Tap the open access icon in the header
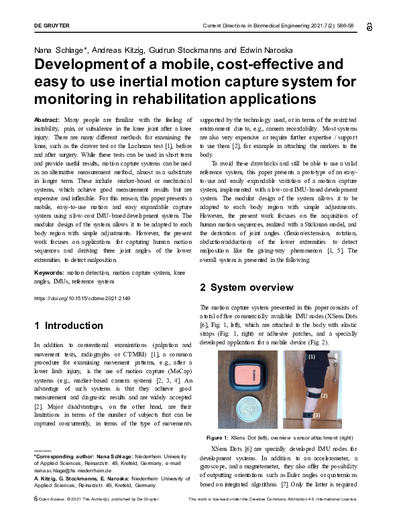click(370, 25)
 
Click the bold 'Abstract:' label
click(46, 119)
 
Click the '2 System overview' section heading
click(246, 287)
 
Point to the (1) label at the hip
click(311, 358)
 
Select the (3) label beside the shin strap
click(317, 415)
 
